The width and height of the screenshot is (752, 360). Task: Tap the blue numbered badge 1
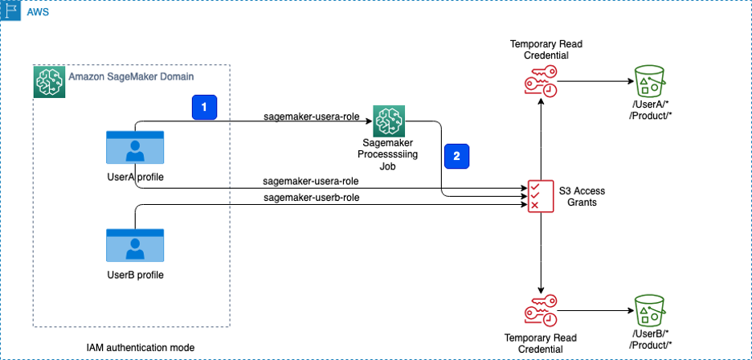coord(204,106)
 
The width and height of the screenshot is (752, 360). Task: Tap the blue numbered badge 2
coord(457,157)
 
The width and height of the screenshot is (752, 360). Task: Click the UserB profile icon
coord(135,247)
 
